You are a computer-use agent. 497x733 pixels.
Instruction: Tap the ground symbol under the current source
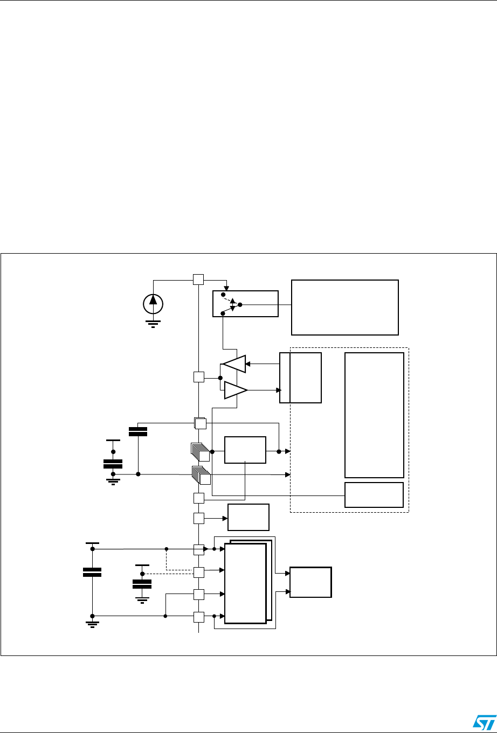tap(154, 324)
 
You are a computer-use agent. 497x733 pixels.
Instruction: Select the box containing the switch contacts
tap(246, 304)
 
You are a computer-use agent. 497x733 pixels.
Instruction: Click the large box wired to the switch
tap(344, 307)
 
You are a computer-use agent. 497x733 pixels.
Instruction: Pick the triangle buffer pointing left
tap(234, 364)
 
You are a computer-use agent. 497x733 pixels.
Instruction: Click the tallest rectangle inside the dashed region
tap(374, 415)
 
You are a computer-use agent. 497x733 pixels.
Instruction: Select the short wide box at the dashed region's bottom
tap(374, 494)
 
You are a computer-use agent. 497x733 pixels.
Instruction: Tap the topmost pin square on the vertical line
tap(198, 280)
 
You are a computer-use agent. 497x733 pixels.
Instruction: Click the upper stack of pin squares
tap(200, 452)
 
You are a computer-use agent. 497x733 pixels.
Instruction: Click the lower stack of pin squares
tap(201, 474)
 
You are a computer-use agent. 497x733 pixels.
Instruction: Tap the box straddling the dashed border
tap(301, 378)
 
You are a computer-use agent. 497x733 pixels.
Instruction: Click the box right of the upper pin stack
tap(245, 450)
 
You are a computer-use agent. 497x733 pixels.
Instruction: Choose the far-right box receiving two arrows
tap(310, 582)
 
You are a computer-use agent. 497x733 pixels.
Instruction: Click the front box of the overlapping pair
tap(245, 583)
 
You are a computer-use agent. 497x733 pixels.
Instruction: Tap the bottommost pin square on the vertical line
tap(199, 617)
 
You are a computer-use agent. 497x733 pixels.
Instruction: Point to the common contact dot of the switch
tap(240, 304)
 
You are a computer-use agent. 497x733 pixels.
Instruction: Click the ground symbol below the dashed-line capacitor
tap(142, 599)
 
